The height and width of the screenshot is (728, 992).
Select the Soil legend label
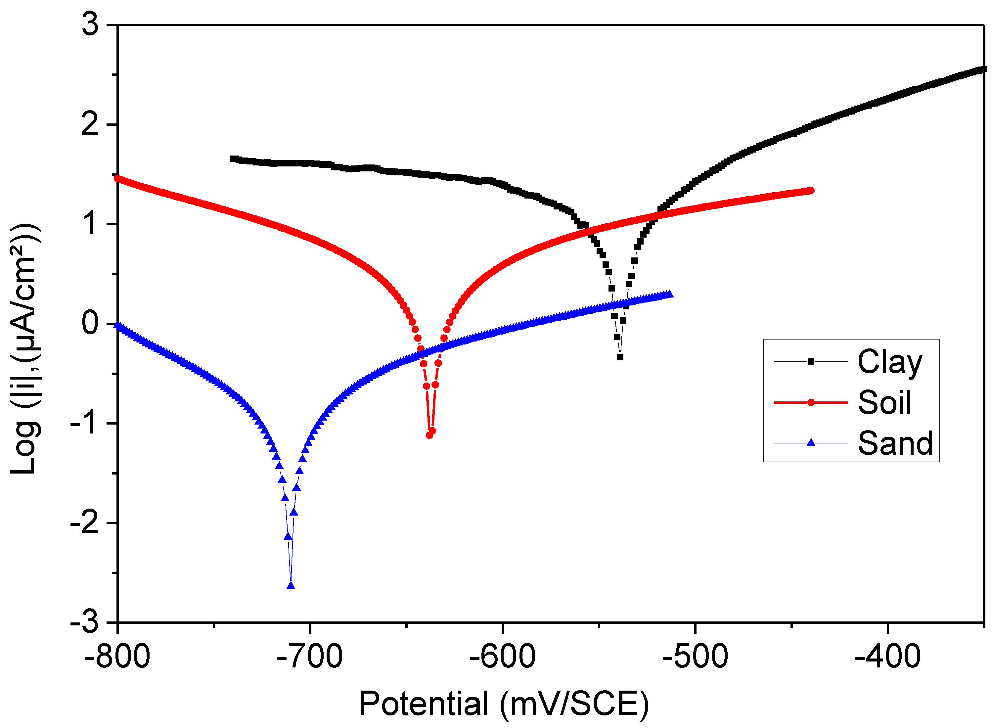coord(883,403)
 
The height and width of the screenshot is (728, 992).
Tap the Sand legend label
coord(895,443)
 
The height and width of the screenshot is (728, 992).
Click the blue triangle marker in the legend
coord(810,442)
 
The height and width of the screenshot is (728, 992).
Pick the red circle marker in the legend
coord(810,402)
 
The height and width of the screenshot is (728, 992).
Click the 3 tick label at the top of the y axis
coord(90,24)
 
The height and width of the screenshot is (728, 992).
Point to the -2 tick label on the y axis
coord(85,523)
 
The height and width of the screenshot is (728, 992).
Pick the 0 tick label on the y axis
coord(90,323)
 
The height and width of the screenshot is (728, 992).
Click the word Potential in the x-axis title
coord(424,704)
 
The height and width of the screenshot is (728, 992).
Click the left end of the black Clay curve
coord(232,159)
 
